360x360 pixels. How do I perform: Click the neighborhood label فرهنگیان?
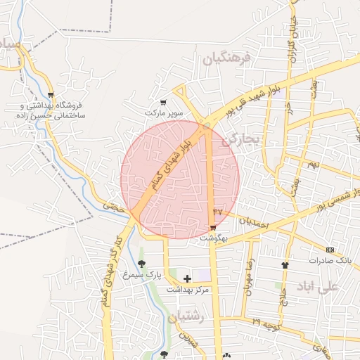226,60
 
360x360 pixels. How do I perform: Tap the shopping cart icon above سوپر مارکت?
164,103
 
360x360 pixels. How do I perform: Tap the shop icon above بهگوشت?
213,227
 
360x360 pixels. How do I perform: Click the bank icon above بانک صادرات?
330,250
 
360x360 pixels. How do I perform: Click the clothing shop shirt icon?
285,265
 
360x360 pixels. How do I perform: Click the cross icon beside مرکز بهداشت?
187,279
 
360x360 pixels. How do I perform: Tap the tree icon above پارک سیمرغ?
142,264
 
